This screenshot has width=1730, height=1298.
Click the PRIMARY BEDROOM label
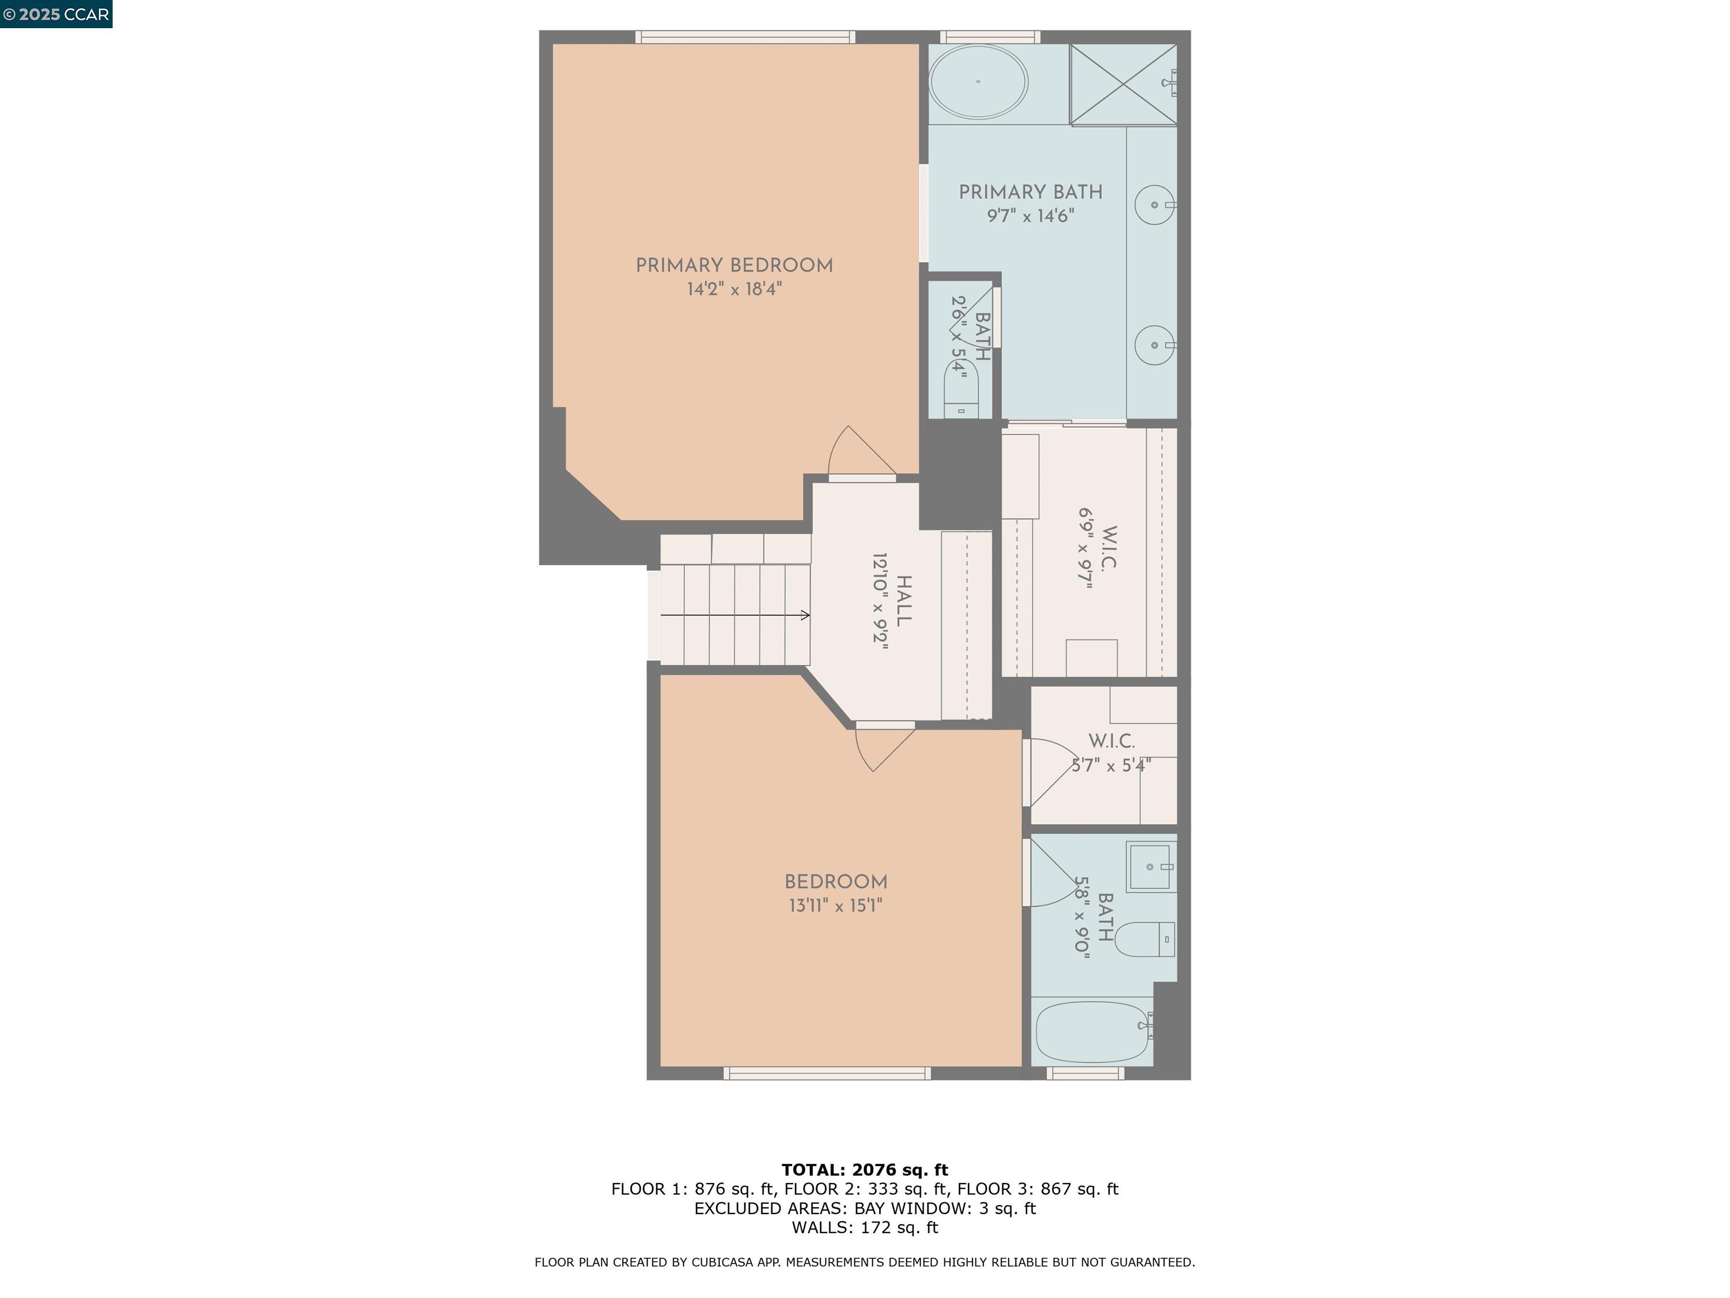[x=734, y=265]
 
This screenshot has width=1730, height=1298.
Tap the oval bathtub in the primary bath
[x=978, y=81]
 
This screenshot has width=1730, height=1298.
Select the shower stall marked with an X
[x=1123, y=85]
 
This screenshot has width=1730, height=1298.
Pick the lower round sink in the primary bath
[x=1154, y=345]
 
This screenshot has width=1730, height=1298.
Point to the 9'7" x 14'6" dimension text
[x=1030, y=216]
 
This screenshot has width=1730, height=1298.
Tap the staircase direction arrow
[x=735, y=616]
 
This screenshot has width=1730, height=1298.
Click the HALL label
[x=903, y=601]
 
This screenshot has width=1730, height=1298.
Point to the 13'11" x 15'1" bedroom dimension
[x=835, y=906]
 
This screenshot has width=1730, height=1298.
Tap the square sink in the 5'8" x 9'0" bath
[x=1151, y=867]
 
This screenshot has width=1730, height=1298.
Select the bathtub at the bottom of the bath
[x=1092, y=1032]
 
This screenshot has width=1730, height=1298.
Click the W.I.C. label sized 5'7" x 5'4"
[x=1111, y=741]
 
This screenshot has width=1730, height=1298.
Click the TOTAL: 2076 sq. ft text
[x=864, y=1170]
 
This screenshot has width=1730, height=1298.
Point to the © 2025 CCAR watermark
[x=56, y=14]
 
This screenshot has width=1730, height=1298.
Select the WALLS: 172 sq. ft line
[x=864, y=1228]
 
